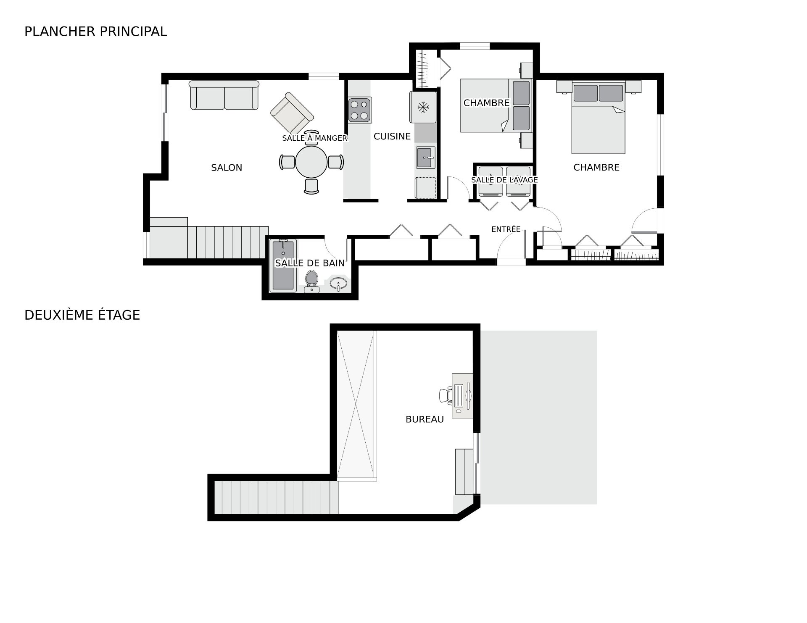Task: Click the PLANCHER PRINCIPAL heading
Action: pyautogui.click(x=96, y=32)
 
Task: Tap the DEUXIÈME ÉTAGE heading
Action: pyautogui.click(x=82, y=315)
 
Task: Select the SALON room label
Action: pyautogui.click(x=227, y=168)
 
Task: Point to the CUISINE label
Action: pyautogui.click(x=392, y=136)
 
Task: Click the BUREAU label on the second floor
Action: pyautogui.click(x=425, y=419)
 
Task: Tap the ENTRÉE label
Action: pyautogui.click(x=506, y=229)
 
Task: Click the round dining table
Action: pyautogui.click(x=311, y=162)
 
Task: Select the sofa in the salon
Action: pyautogui.click(x=224, y=95)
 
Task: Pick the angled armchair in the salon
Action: pyautogui.click(x=292, y=113)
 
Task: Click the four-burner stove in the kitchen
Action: pyautogui.click(x=360, y=110)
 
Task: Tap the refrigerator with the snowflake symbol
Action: pyautogui.click(x=423, y=107)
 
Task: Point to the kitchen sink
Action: pyautogui.click(x=425, y=157)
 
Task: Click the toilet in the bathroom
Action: pyautogui.click(x=311, y=281)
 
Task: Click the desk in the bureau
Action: pyautogui.click(x=462, y=396)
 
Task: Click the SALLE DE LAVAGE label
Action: pyautogui.click(x=504, y=180)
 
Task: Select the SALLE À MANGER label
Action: pyautogui.click(x=315, y=138)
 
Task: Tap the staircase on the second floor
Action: pyautogui.click(x=277, y=498)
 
